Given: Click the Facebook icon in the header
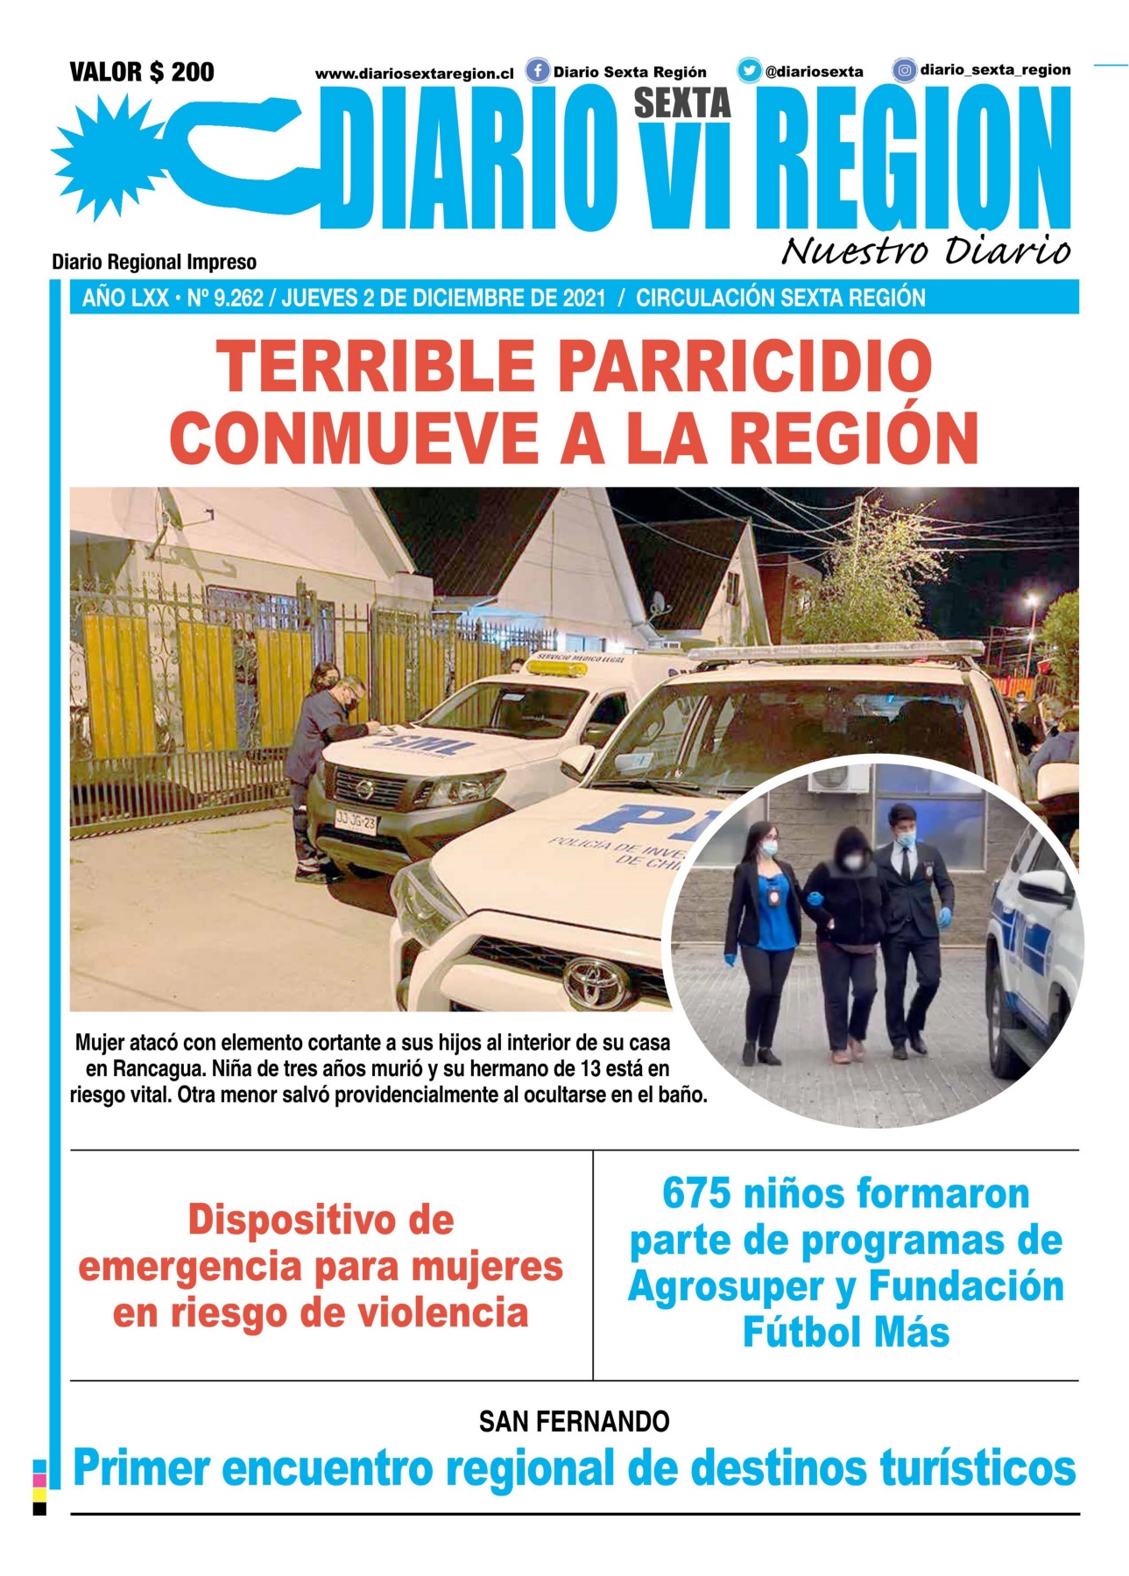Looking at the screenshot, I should (x=537, y=71).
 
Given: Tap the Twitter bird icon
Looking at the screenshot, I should (x=749, y=71).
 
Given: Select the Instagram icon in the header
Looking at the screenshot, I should (x=904, y=70).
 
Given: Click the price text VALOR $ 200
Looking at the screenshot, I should (x=142, y=72).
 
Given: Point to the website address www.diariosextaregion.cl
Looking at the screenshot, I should (x=414, y=74).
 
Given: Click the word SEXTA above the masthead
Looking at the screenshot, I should (x=682, y=103).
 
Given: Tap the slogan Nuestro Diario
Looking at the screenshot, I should (x=925, y=250).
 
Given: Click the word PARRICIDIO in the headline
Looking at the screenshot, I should (x=744, y=366).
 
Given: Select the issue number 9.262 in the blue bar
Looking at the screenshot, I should (x=238, y=299).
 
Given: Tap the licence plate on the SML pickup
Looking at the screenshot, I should (x=356, y=821).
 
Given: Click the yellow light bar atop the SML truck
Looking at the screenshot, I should (x=556, y=668).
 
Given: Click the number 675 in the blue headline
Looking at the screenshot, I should (x=695, y=1193).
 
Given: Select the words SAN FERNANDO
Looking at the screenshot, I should (x=574, y=1421).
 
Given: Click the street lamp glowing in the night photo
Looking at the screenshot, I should (x=1033, y=602).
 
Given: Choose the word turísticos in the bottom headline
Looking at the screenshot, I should (x=977, y=1468).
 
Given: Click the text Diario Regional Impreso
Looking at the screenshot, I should (x=154, y=262).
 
